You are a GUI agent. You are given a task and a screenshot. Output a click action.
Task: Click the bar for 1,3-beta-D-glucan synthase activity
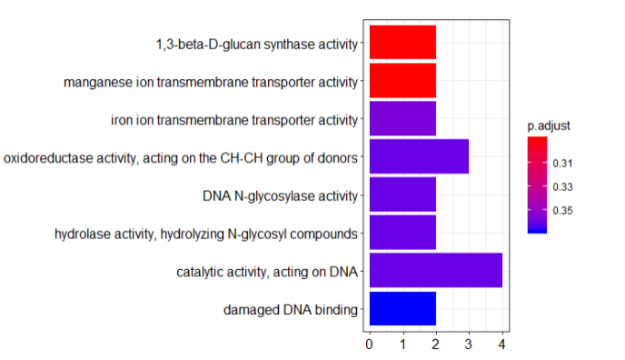(x=402, y=43)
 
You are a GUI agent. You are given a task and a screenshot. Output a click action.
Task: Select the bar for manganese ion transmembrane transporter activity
(x=402, y=81)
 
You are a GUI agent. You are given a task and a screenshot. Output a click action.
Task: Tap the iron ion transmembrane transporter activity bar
(x=402, y=119)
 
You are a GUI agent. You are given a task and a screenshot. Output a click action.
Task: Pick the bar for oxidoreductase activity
(x=419, y=156)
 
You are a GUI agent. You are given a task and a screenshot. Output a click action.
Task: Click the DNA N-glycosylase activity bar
(x=402, y=195)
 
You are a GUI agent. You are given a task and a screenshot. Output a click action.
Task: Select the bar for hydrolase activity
(x=402, y=233)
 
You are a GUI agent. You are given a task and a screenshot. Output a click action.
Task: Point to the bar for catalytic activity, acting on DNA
(x=435, y=271)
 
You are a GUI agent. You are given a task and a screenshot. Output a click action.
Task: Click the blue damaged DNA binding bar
(x=402, y=309)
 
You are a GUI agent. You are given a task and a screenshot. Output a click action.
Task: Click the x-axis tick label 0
(x=369, y=344)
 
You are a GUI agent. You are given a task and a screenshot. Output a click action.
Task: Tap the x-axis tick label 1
(x=402, y=344)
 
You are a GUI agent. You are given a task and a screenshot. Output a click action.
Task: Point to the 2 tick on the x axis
(x=436, y=344)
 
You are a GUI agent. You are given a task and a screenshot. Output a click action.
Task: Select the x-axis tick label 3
(x=469, y=344)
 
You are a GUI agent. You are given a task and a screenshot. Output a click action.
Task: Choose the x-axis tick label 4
(x=502, y=344)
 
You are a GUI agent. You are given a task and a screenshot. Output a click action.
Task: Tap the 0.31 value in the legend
(x=565, y=164)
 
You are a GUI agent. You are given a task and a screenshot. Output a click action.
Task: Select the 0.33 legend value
(x=565, y=187)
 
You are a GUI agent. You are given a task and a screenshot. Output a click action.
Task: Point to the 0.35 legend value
(x=565, y=211)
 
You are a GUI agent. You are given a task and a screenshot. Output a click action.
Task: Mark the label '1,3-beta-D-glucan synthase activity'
(x=258, y=44)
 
